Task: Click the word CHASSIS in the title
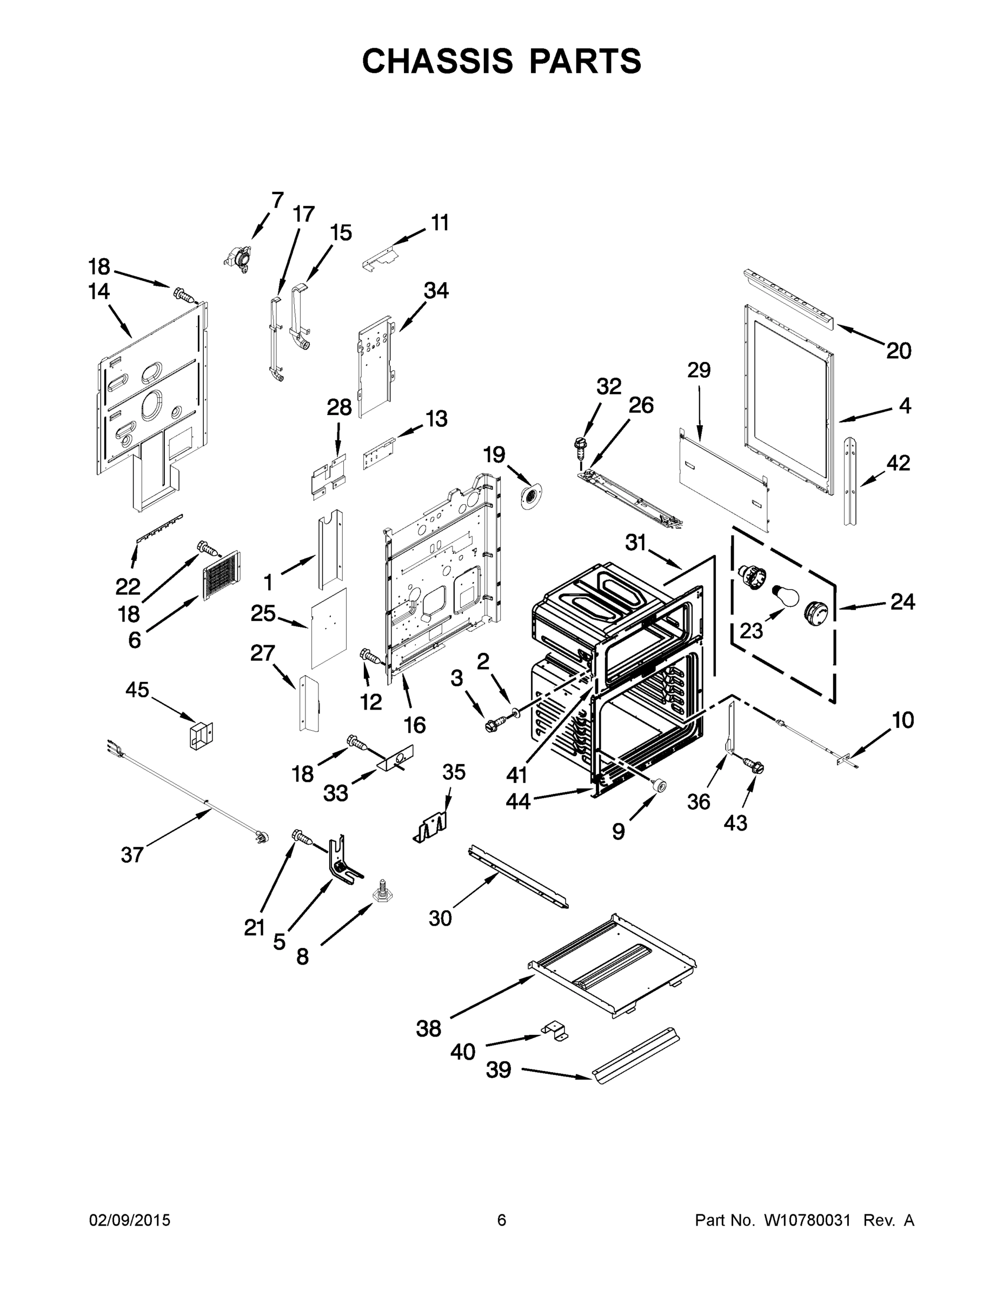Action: (x=437, y=61)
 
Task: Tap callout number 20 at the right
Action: (x=899, y=351)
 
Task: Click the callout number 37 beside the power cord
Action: (x=132, y=855)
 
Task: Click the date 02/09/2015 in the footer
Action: (x=130, y=1220)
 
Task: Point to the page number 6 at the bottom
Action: (x=502, y=1220)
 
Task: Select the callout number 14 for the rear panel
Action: (x=99, y=292)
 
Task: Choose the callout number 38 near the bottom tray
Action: (x=428, y=1028)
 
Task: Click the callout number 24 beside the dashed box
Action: (x=902, y=602)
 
